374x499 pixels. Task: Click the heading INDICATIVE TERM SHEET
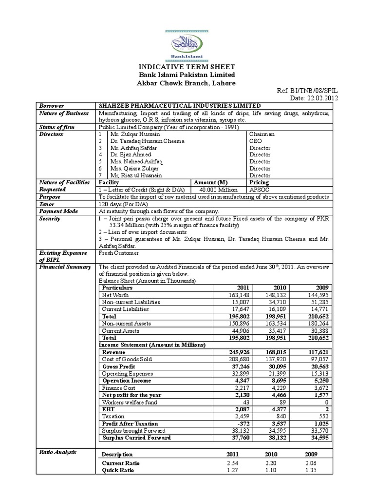tap(187, 67)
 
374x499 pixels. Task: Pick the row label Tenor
tap(48, 204)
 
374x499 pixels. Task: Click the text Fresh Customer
tap(119, 253)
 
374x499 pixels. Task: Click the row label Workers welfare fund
tap(129, 402)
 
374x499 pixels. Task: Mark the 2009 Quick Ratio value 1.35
tap(310, 470)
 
